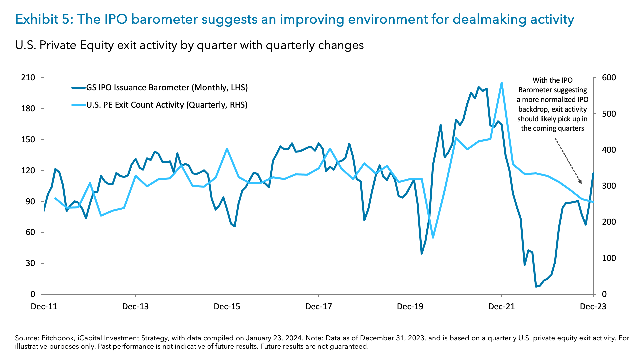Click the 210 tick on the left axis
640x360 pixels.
[28, 78]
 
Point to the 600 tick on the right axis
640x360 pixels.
[609, 78]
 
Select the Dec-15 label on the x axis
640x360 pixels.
[227, 306]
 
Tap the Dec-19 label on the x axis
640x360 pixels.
[410, 306]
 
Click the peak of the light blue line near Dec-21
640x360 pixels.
[501, 83]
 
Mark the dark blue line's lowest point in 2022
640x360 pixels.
[536, 286]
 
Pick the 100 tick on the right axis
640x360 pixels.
[609, 258]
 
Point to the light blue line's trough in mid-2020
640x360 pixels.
[433, 238]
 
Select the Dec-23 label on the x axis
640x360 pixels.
[593, 306]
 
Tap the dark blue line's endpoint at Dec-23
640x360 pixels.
[593, 173]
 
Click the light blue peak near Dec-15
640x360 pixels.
[227, 149]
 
